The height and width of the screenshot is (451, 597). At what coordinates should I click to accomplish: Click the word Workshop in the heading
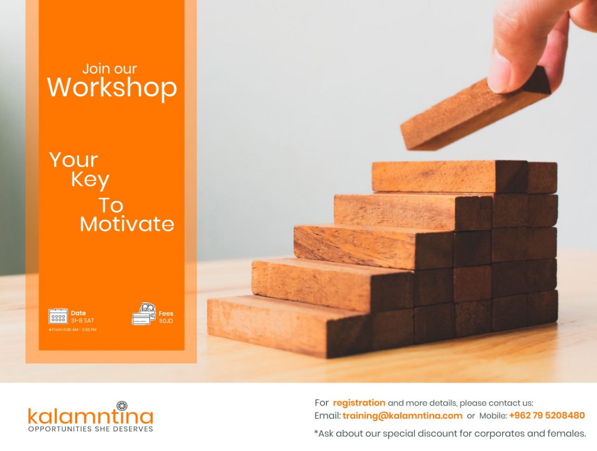[112, 88]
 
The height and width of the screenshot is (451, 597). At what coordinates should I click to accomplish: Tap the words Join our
[110, 69]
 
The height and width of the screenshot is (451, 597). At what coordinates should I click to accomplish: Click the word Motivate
[127, 224]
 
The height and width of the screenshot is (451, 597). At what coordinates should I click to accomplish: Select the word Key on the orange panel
[90, 180]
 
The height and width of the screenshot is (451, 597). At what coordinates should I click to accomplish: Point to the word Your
[73, 160]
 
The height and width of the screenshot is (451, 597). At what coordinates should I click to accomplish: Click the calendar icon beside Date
[58, 316]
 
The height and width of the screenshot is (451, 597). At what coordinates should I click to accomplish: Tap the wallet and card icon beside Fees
[144, 314]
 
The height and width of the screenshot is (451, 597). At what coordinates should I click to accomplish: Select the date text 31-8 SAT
[83, 320]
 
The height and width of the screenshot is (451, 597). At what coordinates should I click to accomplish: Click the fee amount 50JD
[166, 321]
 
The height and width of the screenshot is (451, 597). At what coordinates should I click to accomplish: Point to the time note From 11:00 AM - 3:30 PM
[73, 330]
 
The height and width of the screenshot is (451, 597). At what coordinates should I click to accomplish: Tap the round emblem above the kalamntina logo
[122, 406]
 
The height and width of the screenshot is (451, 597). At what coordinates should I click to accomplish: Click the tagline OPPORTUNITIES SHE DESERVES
[90, 429]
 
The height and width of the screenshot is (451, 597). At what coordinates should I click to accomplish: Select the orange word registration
[359, 403]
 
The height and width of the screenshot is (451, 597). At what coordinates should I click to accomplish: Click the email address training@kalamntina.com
[403, 416]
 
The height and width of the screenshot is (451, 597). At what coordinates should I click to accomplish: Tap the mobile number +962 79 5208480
[547, 416]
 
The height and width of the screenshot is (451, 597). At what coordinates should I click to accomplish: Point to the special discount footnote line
[450, 433]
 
